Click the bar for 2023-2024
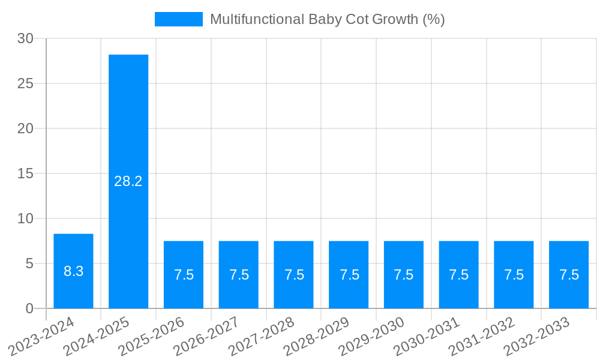[x=73, y=252]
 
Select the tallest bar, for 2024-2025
[x=128, y=120]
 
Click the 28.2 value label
[x=128, y=181]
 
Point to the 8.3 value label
[x=73, y=271]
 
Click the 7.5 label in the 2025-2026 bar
[x=184, y=275]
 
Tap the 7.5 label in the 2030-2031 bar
[x=458, y=275]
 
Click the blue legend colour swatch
[x=178, y=19]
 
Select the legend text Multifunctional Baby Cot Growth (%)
[x=327, y=19]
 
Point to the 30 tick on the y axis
[x=25, y=38]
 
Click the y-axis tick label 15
[x=25, y=173]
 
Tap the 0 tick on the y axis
[x=29, y=308]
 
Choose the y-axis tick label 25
[x=25, y=83]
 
